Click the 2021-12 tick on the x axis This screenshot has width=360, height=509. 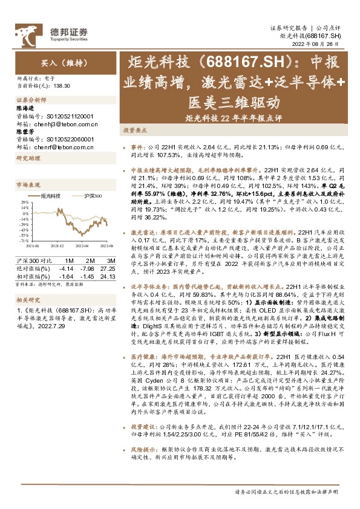coord(57,246)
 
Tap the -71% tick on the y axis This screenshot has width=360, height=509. coord(23,241)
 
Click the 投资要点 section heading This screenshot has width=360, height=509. coord(136,130)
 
